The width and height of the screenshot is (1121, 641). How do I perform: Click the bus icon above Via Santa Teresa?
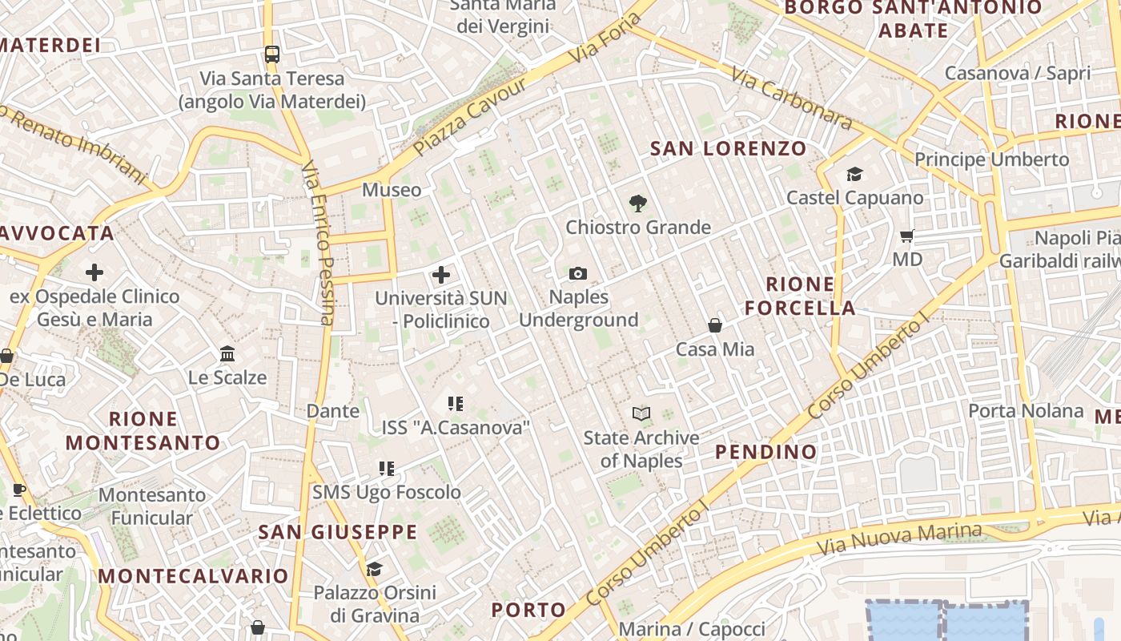(272, 54)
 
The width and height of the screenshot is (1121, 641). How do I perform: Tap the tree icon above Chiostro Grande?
(638, 204)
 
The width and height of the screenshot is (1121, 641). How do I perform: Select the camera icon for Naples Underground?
(578, 274)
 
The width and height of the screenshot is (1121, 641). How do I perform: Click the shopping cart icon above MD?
(907, 236)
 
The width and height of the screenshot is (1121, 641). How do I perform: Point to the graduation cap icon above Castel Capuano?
(854, 174)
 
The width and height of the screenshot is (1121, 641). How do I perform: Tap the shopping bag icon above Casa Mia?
(715, 325)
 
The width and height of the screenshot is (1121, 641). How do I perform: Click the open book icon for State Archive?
(641, 413)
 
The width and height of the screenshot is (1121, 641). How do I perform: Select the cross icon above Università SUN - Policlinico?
(440, 276)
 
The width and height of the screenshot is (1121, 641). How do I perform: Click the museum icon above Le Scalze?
(227, 353)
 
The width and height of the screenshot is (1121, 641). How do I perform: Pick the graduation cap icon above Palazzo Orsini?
(374, 569)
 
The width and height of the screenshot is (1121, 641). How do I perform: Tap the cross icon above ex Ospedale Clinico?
(94, 272)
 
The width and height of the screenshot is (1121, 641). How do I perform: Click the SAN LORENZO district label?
(728, 148)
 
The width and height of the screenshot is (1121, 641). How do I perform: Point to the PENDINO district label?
(765, 452)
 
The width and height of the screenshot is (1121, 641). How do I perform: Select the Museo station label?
(392, 190)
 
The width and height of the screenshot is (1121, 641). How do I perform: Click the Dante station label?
(333, 411)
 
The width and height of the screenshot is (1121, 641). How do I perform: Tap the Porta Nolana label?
(1026, 411)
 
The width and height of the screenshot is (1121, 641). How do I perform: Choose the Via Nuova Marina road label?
(898, 539)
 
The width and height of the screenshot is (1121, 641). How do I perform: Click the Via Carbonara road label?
(791, 99)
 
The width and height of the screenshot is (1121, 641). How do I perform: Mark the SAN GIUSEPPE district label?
(337, 532)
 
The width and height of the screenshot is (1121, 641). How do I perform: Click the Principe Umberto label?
(991, 159)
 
